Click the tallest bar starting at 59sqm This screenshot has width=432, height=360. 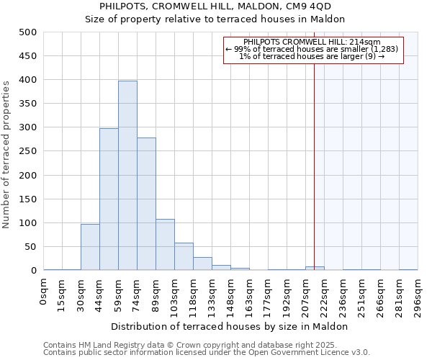tap(127, 176)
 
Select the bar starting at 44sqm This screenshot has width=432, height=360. tap(109, 199)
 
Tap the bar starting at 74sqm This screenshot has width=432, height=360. tap(146, 204)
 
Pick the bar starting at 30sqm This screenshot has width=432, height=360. tap(90, 247)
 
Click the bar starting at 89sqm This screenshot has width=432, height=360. tap(165, 245)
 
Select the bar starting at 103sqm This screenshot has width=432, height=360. tap(184, 256)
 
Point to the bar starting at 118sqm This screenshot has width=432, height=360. tap(202, 264)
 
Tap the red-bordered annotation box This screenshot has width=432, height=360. tap(314, 50)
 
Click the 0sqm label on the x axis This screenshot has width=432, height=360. tap(44, 292)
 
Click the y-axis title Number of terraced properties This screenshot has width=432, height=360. tap(7, 154)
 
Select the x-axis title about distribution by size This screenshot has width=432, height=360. tap(230, 326)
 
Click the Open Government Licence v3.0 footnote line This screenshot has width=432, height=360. tap(206, 353)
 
